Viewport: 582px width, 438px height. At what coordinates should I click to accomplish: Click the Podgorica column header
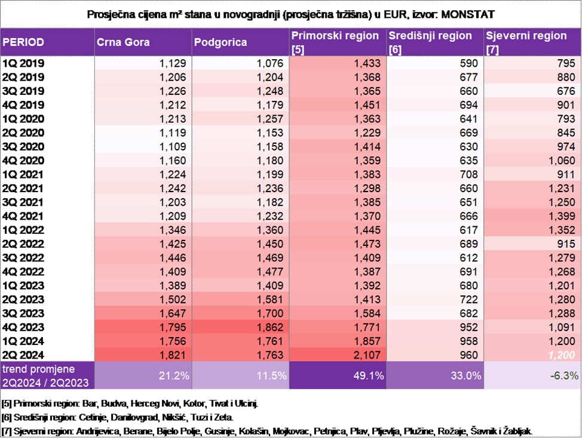point(220,42)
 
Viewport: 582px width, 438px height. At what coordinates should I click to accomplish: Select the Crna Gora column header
point(123,42)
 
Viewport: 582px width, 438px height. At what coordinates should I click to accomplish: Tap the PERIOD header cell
point(23,42)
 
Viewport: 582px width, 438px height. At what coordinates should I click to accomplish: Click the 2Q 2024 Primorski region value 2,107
point(367,355)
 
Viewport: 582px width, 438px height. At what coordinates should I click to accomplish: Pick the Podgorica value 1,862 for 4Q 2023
point(270,327)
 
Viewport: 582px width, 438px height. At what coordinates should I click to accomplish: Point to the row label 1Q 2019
point(23,63)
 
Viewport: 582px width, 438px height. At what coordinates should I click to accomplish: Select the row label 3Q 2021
point(23,202)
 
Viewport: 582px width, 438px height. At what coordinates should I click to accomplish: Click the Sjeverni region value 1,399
point(562,216)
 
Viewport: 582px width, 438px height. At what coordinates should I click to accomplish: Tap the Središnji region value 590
point(469,63)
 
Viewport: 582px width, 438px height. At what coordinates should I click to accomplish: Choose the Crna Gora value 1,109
point(173,147)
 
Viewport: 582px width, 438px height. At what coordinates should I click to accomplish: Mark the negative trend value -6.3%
point(564,376)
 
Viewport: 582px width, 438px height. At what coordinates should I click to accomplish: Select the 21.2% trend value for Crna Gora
point(174,376)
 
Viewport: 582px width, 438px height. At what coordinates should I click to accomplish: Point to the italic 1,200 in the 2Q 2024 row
point(562,355)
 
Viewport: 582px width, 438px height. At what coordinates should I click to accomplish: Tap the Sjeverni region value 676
point(566,91)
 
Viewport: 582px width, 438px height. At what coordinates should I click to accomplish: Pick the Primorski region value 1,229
point(367,132)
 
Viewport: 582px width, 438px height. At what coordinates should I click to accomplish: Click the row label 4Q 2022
point(23,272)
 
